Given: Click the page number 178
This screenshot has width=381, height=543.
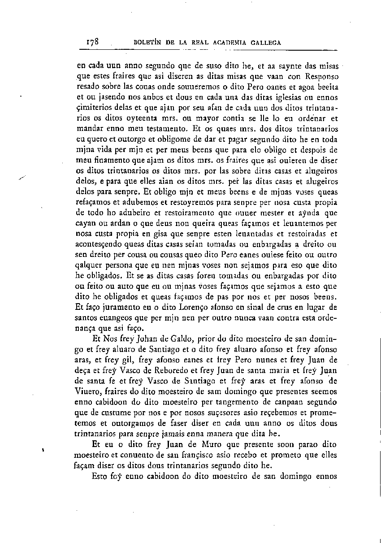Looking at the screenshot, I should (x=92, y=42).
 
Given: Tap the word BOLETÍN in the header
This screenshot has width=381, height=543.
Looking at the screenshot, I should (x=147, y=43).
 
